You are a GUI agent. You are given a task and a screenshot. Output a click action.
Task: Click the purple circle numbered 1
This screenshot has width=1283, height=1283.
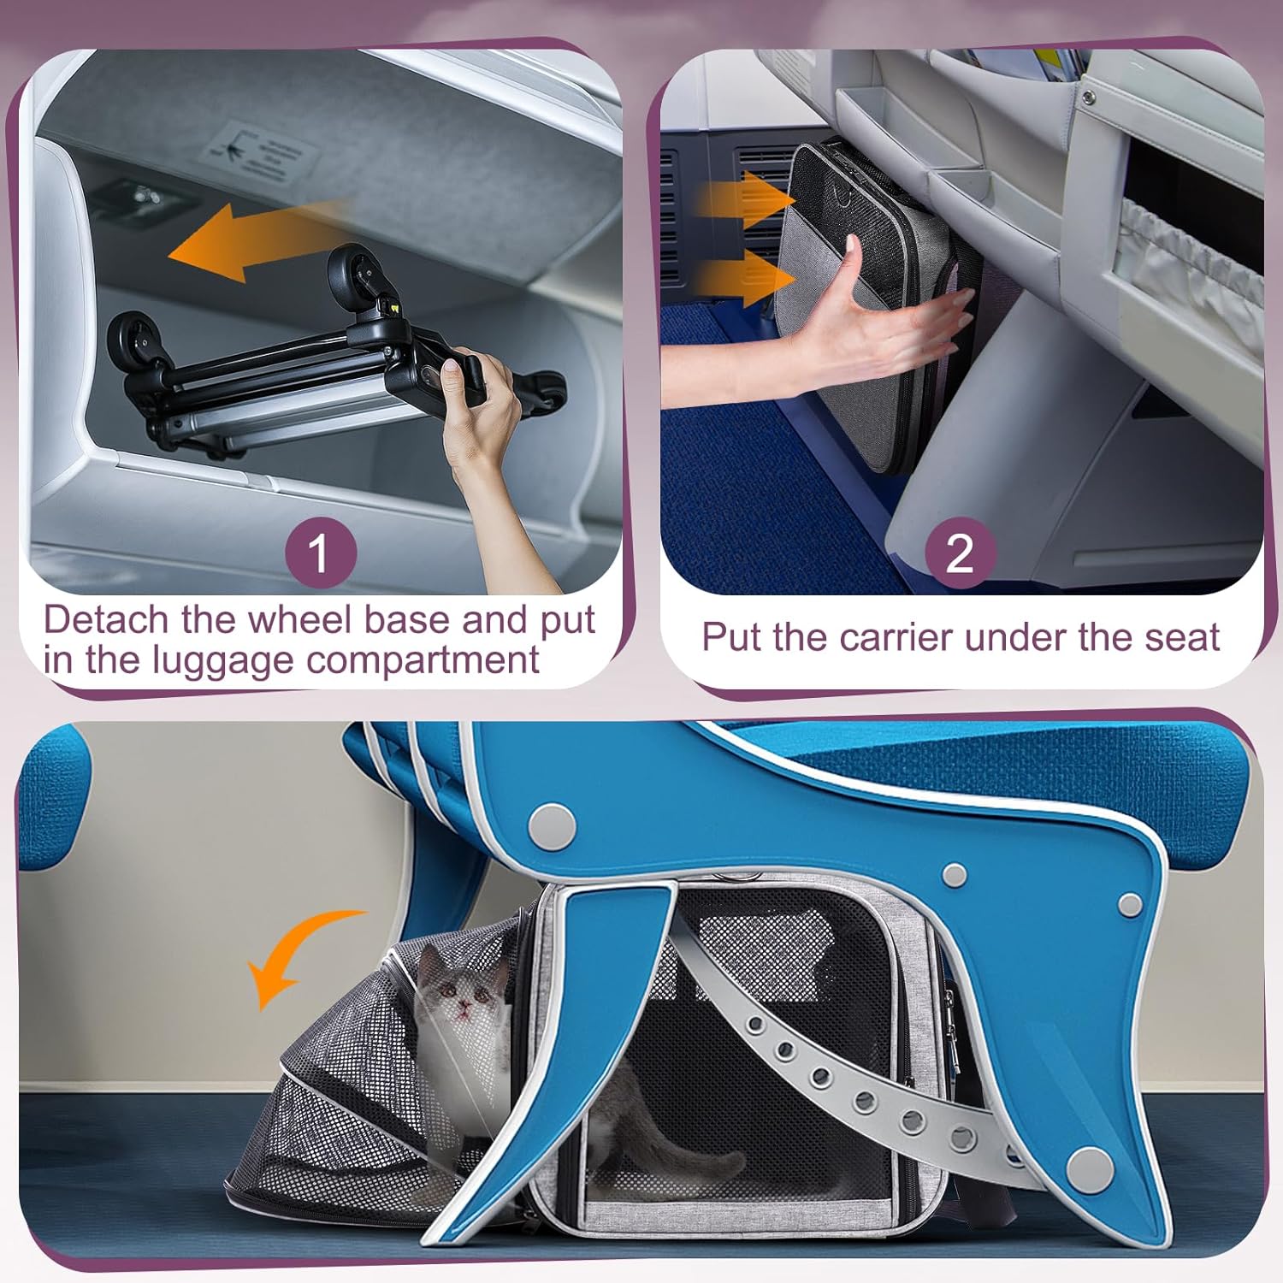[320, 552]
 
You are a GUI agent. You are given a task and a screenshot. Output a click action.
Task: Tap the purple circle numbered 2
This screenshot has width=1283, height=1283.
[961, 552]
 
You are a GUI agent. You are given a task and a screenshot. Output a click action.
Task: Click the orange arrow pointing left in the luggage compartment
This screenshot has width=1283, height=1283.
[257, 239]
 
